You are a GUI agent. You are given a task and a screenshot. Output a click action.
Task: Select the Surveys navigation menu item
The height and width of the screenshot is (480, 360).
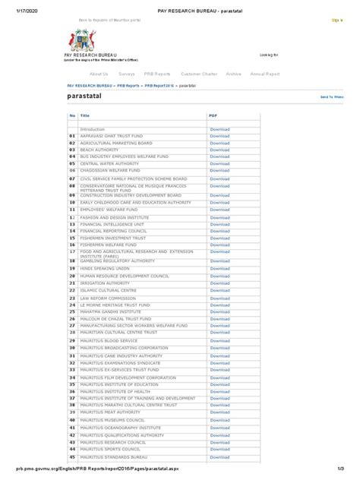(127, 74)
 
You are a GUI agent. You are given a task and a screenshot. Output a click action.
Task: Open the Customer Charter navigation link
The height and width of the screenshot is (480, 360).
(199, 74)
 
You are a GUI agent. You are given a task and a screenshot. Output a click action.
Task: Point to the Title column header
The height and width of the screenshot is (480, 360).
(84, 115)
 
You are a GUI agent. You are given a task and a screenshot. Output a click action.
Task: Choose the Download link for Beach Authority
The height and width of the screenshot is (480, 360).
(219, 150)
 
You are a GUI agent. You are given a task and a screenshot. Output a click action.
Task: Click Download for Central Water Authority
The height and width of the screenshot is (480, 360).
(219, 163)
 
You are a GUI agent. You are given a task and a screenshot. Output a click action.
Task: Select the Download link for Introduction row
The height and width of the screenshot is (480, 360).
(219, 130)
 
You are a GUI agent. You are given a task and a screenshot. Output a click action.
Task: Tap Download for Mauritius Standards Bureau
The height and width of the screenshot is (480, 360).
(219, 458)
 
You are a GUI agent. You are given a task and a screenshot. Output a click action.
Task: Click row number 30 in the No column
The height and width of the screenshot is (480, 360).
(72, 348)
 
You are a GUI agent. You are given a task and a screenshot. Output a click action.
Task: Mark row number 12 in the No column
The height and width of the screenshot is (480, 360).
(72, 217)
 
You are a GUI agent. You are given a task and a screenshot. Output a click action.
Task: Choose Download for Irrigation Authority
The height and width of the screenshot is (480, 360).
(219, 283)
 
